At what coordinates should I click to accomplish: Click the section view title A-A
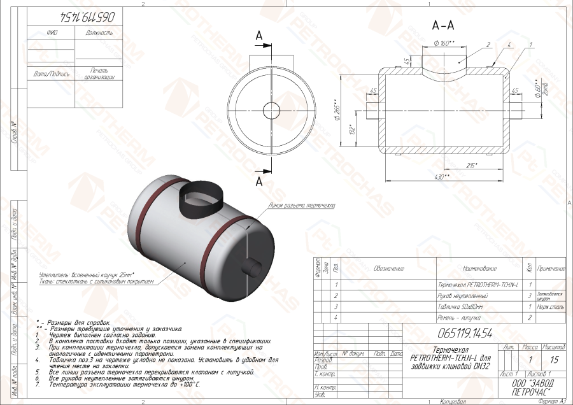[442, 26]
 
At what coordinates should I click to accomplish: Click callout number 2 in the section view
[486, 45]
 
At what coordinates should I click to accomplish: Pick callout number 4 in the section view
[510, 45]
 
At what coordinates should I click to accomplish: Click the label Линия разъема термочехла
[302, 206]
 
